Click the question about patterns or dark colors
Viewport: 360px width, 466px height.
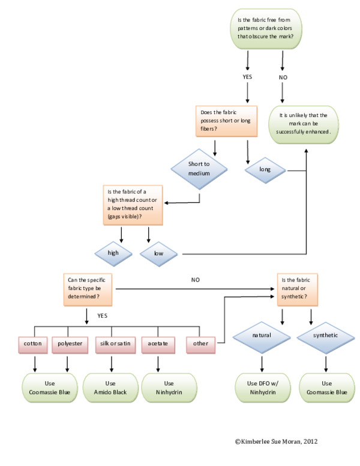(265, 28)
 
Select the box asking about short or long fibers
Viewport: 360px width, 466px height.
(226, 121)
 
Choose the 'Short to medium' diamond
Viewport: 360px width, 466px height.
(199, 168)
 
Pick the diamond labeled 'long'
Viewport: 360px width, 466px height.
(265, 169)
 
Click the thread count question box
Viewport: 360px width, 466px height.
(131, 205)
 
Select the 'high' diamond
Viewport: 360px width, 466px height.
(113, 253)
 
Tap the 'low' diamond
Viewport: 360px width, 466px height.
(158, 253)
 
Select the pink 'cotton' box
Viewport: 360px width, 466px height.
(32, 344)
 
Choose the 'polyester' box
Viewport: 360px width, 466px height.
(70, 344)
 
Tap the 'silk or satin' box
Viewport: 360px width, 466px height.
(115, 344)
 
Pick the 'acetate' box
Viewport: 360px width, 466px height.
(157, 344)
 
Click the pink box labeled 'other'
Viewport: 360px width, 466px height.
(200, 344)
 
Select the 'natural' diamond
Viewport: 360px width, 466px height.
(262, 335)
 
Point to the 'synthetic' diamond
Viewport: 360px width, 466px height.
(325, 335)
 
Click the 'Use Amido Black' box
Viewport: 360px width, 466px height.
(110, 387)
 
